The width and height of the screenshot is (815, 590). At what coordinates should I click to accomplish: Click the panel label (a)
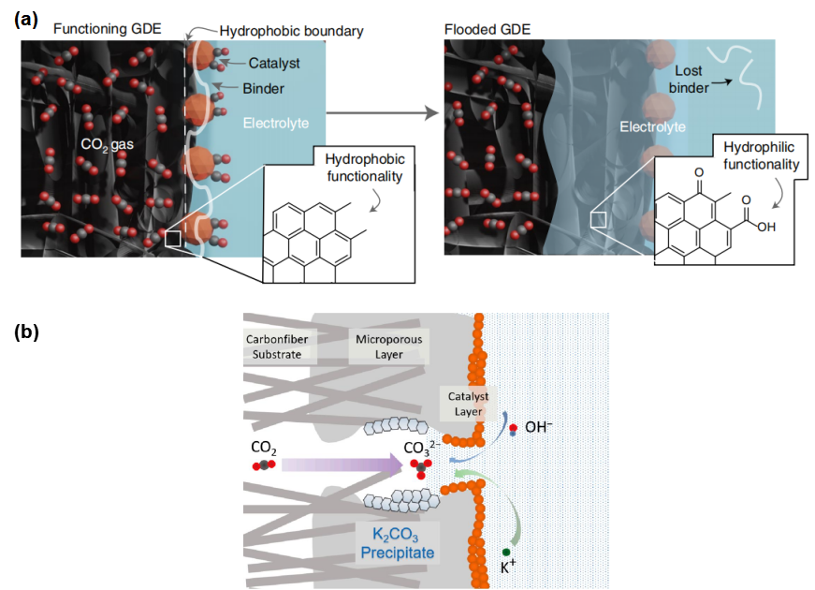(26, 20)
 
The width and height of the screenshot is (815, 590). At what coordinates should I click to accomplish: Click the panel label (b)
(26, 332)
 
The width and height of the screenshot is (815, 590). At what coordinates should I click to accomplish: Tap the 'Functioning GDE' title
(107, 29)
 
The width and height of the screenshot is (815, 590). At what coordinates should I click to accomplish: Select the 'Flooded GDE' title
(487, 30)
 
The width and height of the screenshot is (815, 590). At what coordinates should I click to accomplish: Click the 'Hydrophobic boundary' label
(291, 31)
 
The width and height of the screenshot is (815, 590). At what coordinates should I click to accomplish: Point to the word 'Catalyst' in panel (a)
(274, 63)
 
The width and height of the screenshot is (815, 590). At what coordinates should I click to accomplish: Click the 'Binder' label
(263, 88)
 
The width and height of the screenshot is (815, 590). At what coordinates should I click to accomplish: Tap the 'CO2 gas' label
(107, 144)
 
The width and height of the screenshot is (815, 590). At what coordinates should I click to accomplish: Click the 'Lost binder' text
(688, 79)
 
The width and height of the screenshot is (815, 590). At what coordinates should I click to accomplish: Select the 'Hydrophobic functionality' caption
(364, 168)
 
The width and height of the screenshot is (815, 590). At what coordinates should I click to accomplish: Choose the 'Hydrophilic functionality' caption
(761, 155)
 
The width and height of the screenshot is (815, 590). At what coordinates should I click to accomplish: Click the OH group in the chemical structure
(766, 227)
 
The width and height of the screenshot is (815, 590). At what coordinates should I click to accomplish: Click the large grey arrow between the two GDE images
(383, 112)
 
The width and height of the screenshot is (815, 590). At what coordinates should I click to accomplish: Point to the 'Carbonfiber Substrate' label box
(277, 347)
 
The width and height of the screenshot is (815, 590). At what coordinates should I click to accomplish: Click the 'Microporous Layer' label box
(389, 347)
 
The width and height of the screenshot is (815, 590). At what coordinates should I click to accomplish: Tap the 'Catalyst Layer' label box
(468, 404)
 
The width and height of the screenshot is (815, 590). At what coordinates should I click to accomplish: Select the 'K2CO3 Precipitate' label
(397, 543)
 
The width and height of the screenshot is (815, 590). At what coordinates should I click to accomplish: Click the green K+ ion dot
(506, 552)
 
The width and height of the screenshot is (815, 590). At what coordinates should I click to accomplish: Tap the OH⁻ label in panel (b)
(538, 427)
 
